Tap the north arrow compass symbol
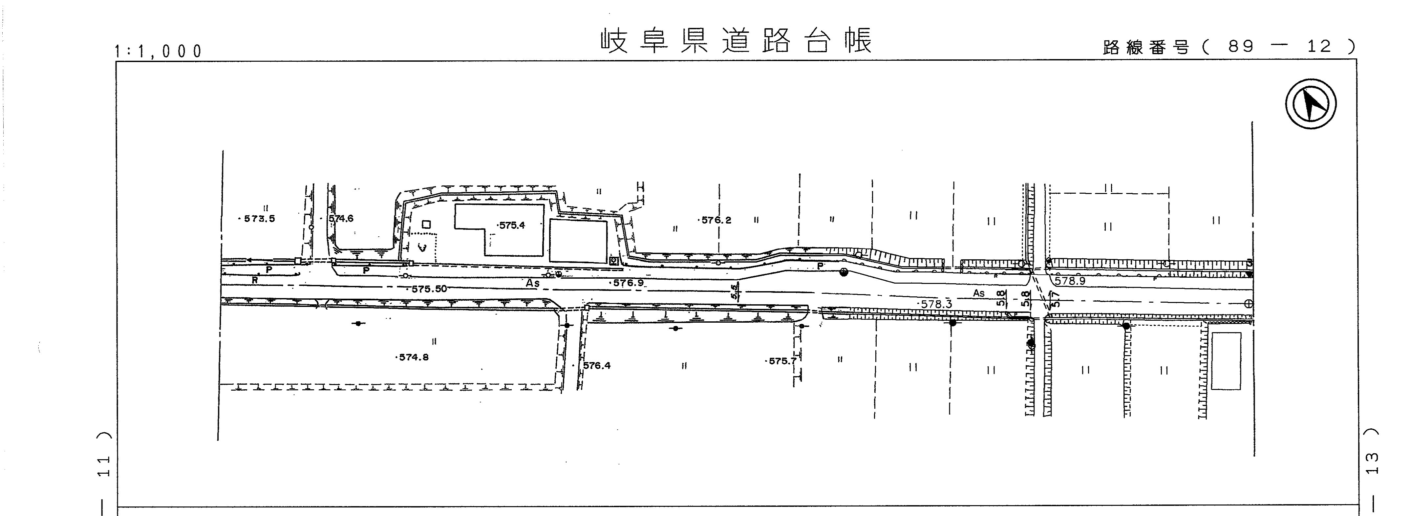tap(1311, 104)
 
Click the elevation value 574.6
tap(341, 219)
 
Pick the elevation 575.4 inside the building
tap(512, 225)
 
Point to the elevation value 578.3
tap(935, 304)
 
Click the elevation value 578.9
tap(1070, 281)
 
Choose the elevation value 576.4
tap(596, 365)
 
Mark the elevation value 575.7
tap(781, 361)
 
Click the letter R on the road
tap(255, 280)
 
